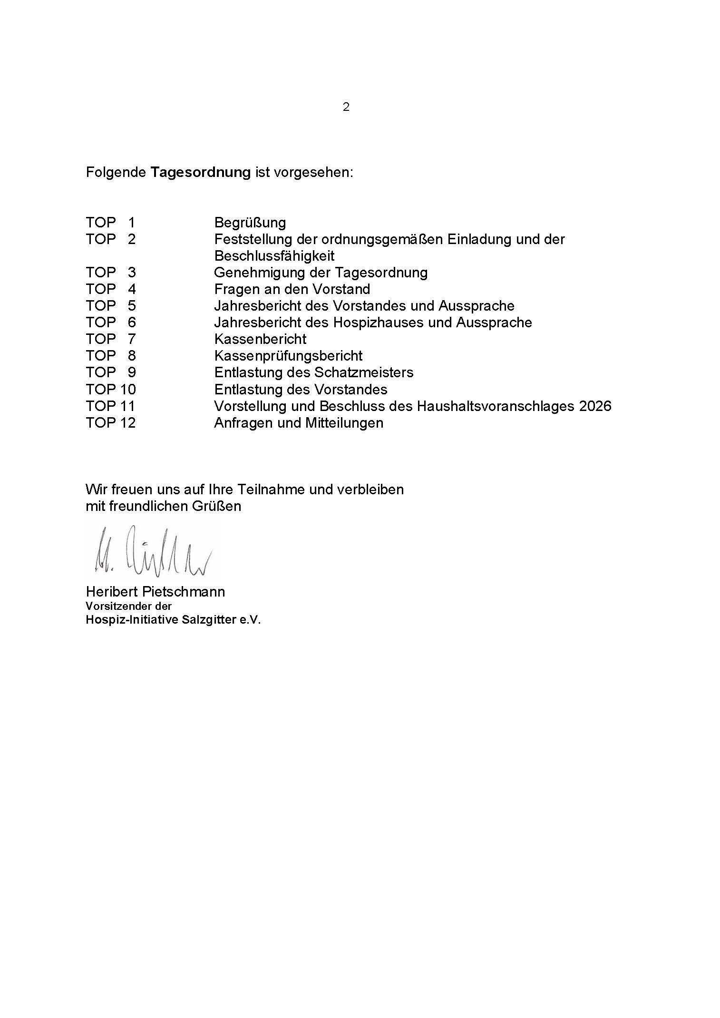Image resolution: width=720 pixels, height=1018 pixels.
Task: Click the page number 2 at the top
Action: pos(346,107)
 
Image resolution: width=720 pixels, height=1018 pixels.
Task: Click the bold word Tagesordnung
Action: pos(200,172)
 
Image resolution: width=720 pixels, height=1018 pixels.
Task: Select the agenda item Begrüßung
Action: pos(250,223)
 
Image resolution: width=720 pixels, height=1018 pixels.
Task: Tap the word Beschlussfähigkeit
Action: pos(274,256)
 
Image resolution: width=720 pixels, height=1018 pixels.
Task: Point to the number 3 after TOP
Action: pos(132,273)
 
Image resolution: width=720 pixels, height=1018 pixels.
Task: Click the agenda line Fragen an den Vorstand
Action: pos(292,289)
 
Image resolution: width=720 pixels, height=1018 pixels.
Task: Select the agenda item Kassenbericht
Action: pos(260,339)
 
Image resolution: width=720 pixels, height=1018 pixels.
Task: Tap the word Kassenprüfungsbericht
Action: pos(288,356)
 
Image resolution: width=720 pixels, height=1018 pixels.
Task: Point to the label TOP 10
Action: pos(111,390)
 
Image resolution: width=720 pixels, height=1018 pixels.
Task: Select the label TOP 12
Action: pos(111,423)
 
